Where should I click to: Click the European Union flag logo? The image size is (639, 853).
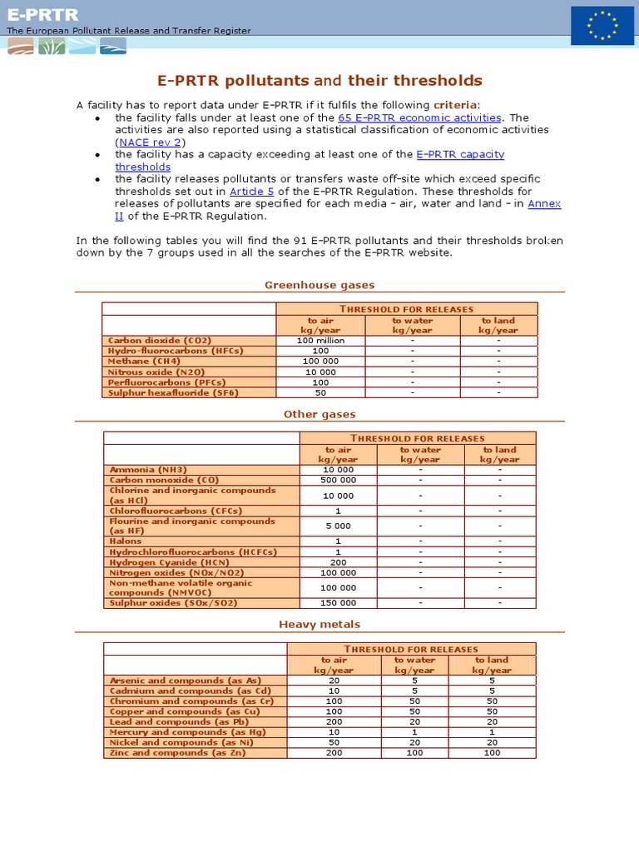coord(602,25)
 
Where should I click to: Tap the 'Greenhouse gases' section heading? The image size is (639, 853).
coord(319,285)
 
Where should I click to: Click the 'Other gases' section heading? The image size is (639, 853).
coord(319,414)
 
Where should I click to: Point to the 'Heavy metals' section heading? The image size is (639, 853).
coord(319,624)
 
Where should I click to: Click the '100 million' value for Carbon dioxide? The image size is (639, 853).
coord(320,341)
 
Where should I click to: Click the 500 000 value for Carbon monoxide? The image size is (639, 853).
coord(338,480)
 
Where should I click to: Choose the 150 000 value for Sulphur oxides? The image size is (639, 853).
coord(338,602)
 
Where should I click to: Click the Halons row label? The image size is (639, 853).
coord(126,541)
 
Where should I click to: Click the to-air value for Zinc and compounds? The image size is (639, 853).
coord(334,752)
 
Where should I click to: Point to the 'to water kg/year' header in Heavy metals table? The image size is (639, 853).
coord(414,665)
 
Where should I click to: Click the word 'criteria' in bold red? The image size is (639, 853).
coord(456,105)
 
